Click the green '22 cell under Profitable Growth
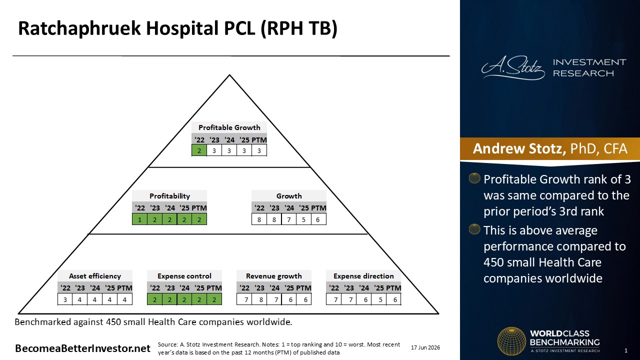tap(199, 150)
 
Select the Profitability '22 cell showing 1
tap(139, 219)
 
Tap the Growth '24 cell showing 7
tap(289, 219)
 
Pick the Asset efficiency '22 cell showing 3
tap(65, 299)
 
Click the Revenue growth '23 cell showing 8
tap(261, 299)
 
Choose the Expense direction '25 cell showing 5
tap(380, 299)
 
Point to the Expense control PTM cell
tap(214, 299)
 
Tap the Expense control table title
tap(184, 276)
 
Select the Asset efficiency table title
tap(95, 276)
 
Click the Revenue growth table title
tap(273, 276)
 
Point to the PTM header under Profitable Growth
tap(259, 140)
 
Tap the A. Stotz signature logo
tap(513, 68)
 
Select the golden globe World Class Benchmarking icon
tap(511, 341)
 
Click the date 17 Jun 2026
tap(425, 347)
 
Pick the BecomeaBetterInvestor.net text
tap(82, 348)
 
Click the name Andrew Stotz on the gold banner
tap(519, 148)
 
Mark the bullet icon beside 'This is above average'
tap(474, 229)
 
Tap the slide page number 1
tap(626, 350)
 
